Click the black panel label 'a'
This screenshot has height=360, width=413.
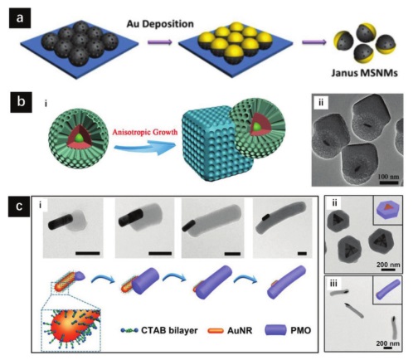[20, 18]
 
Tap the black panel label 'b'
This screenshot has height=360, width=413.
[21, 102]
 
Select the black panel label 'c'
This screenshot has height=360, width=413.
[19, 207]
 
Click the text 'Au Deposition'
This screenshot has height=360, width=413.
[160, 24]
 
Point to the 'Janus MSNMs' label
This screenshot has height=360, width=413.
[365, 73]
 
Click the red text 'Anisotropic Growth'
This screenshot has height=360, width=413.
[145, 132]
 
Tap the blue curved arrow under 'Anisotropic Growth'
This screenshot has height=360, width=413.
[145, 147]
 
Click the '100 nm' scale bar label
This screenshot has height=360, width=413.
[388, 176]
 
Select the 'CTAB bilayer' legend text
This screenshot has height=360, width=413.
[169, 330]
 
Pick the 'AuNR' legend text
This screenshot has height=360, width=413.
[240, 330]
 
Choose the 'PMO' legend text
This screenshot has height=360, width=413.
[301, 330]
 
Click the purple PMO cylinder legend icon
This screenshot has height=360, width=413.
[276, 330]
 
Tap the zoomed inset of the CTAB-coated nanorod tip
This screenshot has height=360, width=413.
[70, 330]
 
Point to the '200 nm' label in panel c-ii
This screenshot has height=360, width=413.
[388, 265]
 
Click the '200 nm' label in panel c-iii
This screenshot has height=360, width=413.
[387, 343]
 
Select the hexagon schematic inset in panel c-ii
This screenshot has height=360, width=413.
[388, 210]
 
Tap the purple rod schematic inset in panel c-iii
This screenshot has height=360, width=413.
[388, 289]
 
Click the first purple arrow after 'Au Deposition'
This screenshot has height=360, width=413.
[160, 42]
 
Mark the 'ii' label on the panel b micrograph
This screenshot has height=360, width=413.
[321, 103]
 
